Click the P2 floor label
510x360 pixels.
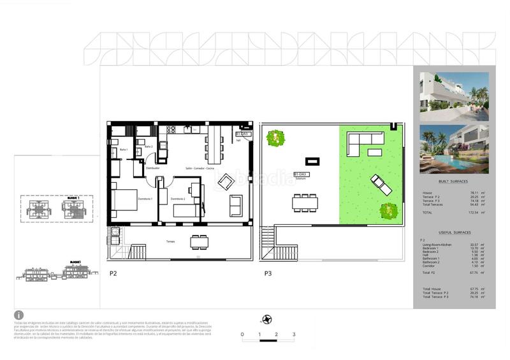click(x=113, y=273)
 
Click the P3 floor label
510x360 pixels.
click(x=269, y=273)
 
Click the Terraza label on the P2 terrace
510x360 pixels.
click(x=171, y=241)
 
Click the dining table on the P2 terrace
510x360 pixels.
click(x=199, y=242)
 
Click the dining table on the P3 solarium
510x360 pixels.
click(x=305, y=203)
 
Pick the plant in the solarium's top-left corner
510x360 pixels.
click(x=275, y=137)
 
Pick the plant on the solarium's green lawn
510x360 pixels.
click(x=388, y=210)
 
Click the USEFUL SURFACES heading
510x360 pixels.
click(x=454, y=233)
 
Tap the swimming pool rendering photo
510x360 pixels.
click(x=454, y=149)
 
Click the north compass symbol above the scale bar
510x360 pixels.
click(x=268, y=319)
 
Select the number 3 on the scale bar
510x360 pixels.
click(x=293, y=334)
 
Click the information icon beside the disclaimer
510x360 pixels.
click(x=18, y=315)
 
